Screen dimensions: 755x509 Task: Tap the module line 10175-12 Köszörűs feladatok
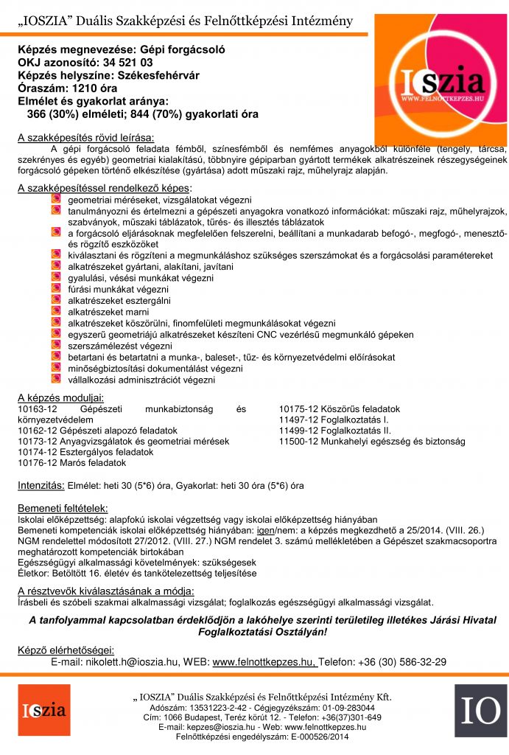[x=339, y=408]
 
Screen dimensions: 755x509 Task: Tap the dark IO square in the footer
[x=480, y=711]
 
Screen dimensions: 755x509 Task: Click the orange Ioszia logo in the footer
[x=44, y=711]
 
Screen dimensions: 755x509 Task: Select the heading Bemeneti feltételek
[x=63, y=508]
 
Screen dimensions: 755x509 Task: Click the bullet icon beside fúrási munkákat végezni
[x=56, y=289]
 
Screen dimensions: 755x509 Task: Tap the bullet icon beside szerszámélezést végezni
[x=56, y=344]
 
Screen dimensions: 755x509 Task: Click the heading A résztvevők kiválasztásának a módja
[x=106, y=591]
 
